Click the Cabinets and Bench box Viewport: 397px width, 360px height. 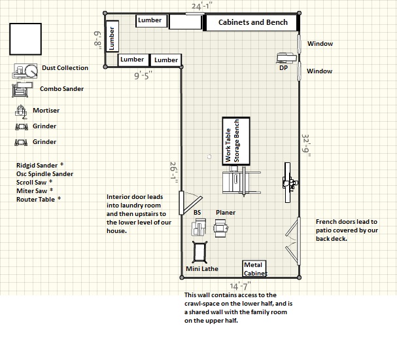pos(252,22)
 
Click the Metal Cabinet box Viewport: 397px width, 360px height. pos(255,268)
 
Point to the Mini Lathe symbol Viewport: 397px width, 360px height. pos(200,252)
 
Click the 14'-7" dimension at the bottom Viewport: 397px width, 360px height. pos(239,285)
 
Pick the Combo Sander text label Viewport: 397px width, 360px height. pos(61,88)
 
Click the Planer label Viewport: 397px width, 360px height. pos(226,212)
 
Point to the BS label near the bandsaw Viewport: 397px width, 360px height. pos(197,212)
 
